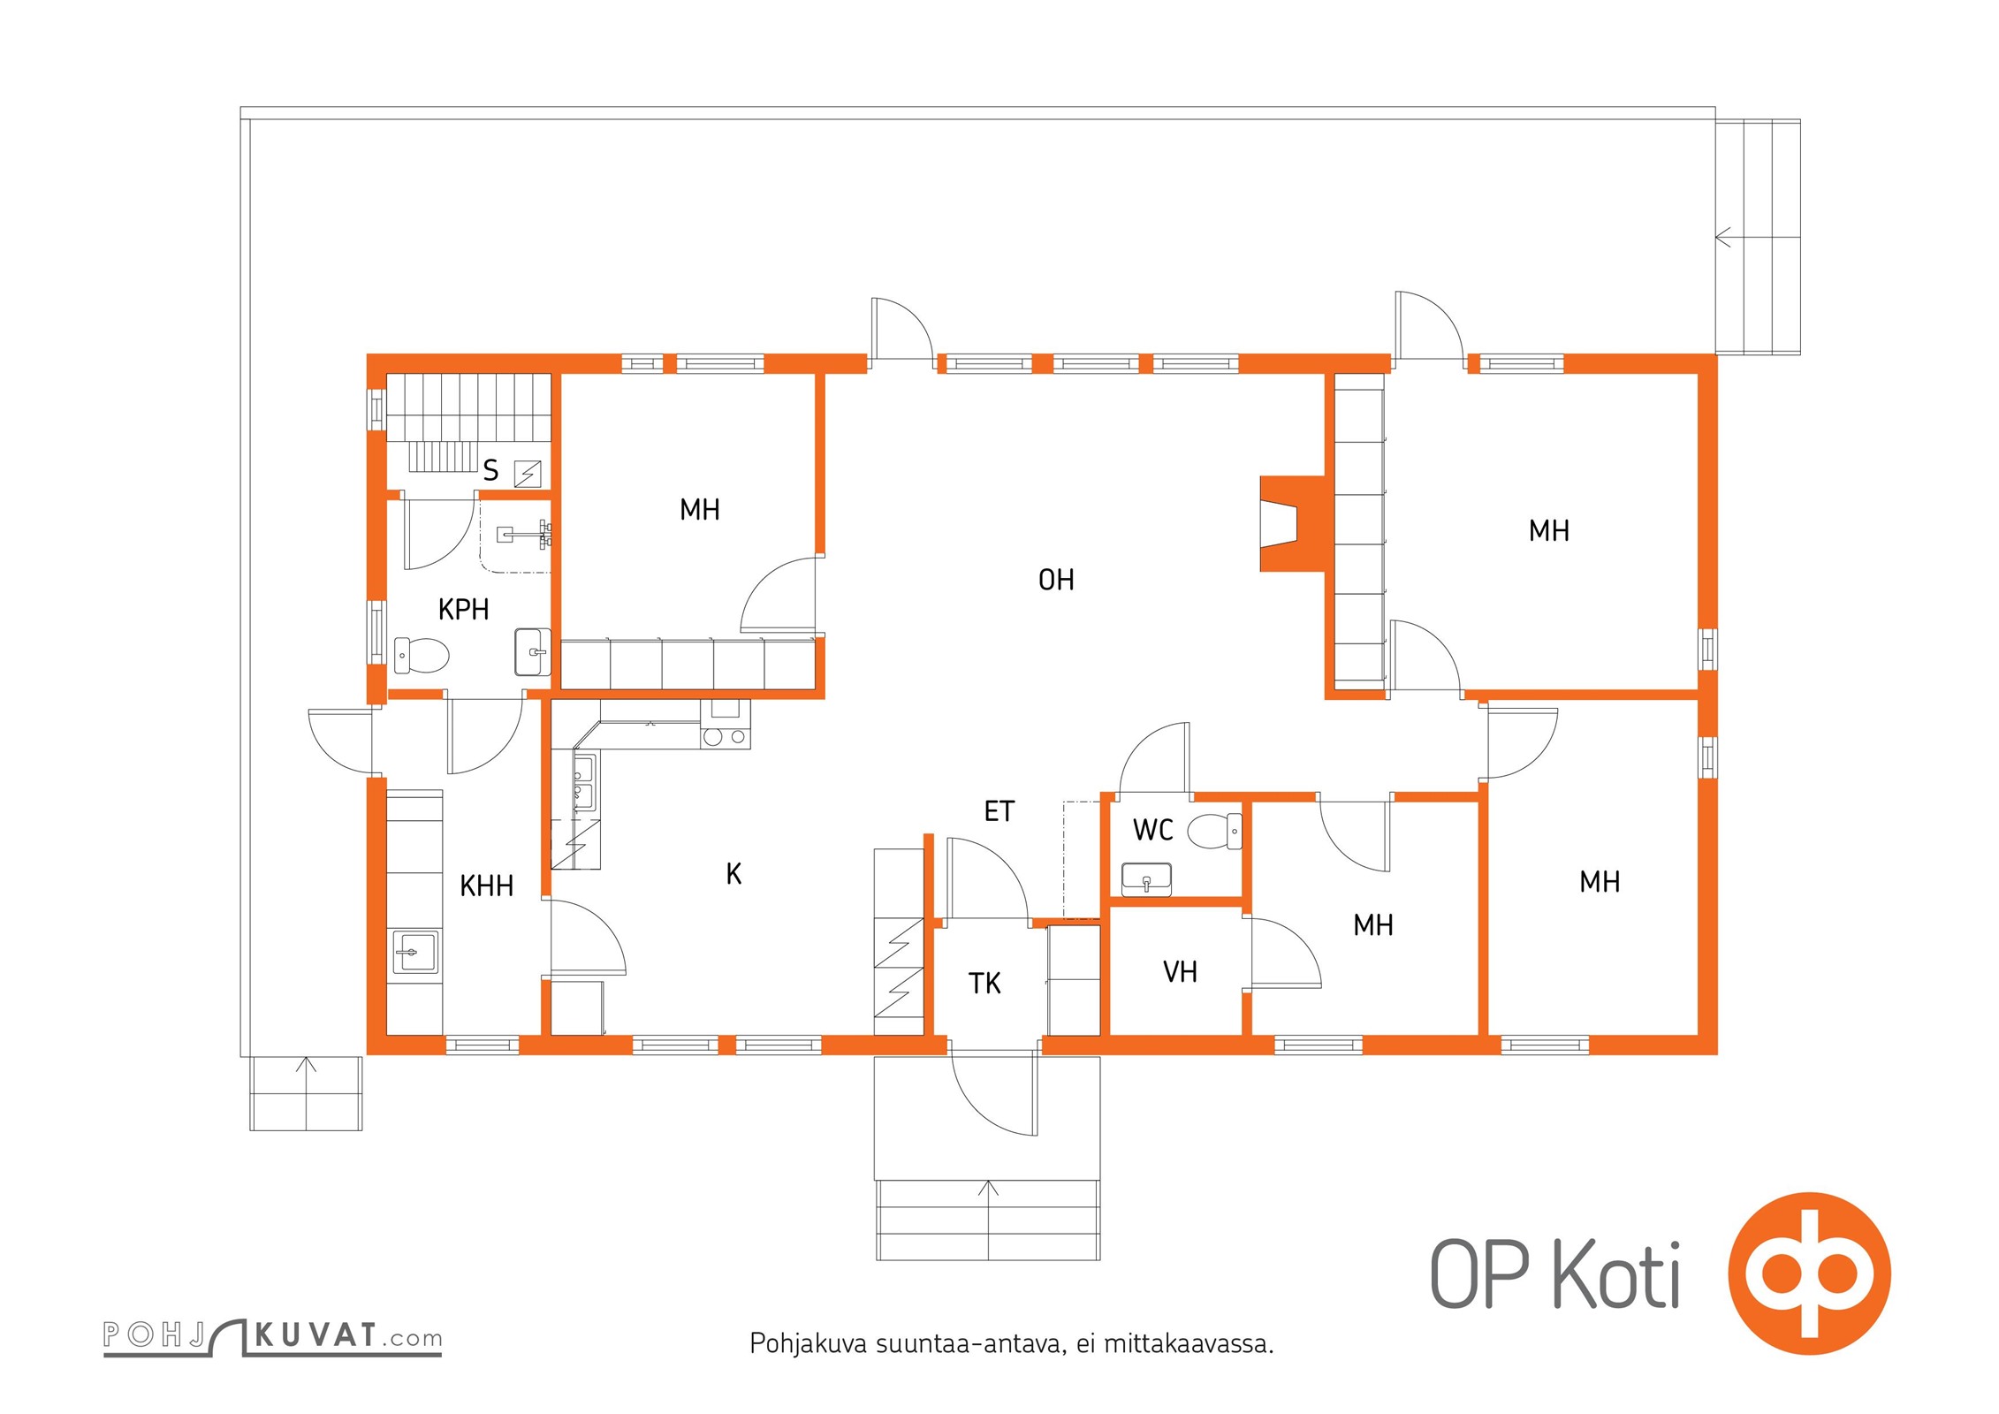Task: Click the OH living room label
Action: point(1056,580)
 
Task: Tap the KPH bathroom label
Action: point(463,609)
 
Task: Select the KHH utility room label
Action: point(486,886)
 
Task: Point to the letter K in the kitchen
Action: point(733,874)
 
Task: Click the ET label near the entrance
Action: point(999,811)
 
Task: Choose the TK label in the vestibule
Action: point(984,984)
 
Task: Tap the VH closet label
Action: point(1180,972)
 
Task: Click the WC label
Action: point(1152,830)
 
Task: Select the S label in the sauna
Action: point(490,470)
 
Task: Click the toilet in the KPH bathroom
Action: point(421,655)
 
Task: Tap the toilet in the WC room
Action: point(1214,832)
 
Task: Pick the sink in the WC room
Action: point(1146,879)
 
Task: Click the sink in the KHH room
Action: point(414,952)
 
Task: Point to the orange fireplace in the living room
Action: point(1292,523)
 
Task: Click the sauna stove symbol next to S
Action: point(528,474)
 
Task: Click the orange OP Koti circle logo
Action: point(1810,1273)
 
